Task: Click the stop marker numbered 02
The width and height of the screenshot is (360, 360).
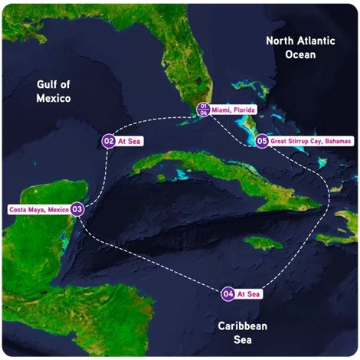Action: click(x=109, y=142)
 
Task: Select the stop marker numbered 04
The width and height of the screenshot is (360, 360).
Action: click(x=227, y=293)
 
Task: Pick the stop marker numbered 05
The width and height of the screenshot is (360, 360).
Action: click(x=262, y=141)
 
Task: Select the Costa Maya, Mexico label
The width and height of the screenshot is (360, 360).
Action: click(x=38, y=208)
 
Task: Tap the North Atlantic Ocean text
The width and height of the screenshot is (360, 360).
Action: click(x=302, y=47)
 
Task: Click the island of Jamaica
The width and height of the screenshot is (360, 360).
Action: click(x=260, y=244)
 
